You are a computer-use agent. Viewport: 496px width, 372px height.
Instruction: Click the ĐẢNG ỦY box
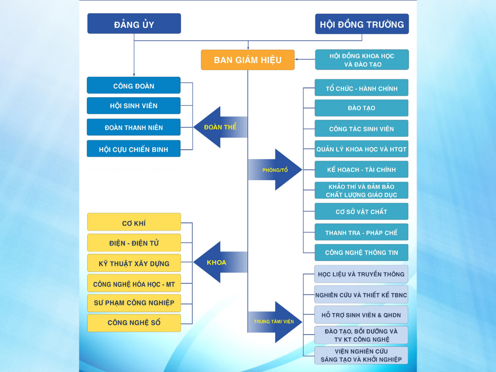pos(134,24)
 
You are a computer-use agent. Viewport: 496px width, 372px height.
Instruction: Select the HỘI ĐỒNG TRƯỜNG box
pos(362,24)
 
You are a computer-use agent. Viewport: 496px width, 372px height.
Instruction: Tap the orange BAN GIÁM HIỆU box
pos(248,60)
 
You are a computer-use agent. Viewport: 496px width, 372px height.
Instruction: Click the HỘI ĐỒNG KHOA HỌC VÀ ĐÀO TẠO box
pos(362,60)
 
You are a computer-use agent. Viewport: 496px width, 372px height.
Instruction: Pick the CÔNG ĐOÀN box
pos(133,86)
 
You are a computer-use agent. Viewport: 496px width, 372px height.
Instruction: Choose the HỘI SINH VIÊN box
pos(133,106)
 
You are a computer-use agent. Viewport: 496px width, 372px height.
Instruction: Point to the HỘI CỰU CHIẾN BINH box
pos(133,149)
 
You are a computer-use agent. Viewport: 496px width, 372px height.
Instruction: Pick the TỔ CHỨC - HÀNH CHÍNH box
pos(362,88)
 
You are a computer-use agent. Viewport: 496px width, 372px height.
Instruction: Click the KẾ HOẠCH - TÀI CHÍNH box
pos(362,170)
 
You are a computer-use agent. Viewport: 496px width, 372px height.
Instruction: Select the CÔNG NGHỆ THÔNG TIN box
pos(362,252)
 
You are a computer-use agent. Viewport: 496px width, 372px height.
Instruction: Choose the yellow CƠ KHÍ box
pos(134,223)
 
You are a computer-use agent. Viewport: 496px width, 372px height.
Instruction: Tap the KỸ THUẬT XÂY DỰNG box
pos(134,263)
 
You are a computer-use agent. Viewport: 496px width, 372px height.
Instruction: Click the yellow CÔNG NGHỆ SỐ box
pos(134,323)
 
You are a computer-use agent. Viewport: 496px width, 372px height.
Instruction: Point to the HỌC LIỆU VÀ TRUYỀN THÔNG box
pos(362,274)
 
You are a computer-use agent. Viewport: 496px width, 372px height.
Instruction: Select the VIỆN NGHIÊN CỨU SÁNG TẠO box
pos(362,355)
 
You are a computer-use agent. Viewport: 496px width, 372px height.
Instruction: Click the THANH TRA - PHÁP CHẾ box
pos(362,232)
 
